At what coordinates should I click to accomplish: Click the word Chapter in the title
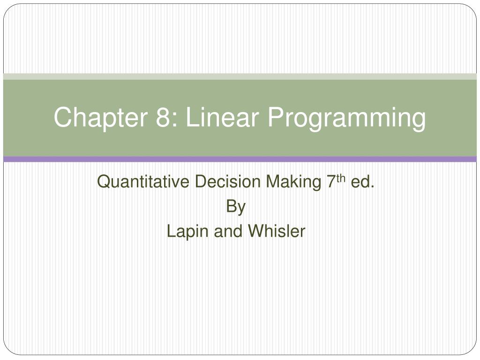101,117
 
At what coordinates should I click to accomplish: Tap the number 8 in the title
163,117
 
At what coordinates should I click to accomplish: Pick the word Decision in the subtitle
227,181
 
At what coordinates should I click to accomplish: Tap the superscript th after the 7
341,179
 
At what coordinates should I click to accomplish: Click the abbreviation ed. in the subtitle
362,181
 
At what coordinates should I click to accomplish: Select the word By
236,207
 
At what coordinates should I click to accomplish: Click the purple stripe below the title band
240,159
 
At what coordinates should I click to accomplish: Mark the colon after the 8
174,120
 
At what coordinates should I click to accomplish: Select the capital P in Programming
276,117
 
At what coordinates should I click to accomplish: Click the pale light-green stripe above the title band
240,76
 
